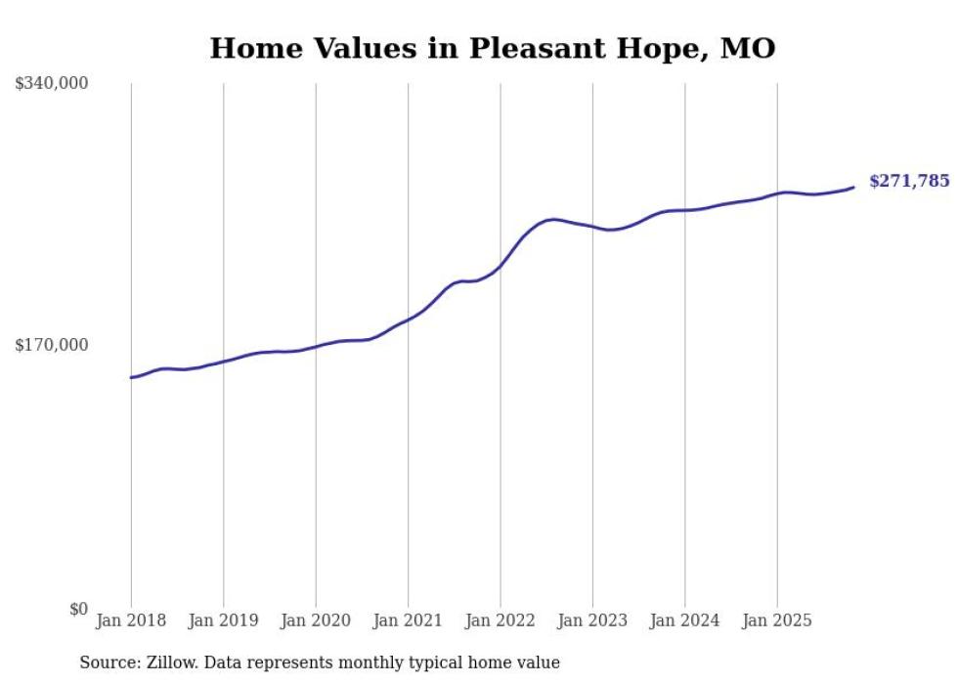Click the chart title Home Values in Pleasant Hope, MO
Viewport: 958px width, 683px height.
pos(493,48)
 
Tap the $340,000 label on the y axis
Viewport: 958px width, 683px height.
pos(52,84)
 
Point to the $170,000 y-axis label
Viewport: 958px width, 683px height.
pos(52,345)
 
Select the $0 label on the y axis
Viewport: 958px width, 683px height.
pos(78,609)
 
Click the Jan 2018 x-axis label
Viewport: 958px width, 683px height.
pos(131,620)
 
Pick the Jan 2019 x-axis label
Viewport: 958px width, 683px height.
pos(223,620)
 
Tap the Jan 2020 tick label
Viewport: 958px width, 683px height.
pos(316,620)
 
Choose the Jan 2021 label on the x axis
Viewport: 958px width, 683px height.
pos(408,620)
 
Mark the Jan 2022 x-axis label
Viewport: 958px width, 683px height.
pos(501,620)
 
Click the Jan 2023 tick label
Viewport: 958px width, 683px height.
pos(592,620)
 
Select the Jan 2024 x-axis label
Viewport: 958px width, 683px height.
pos(685,620)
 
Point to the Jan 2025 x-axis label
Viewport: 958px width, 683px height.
pos(777,620)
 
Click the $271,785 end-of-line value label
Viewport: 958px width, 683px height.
pos(909,181)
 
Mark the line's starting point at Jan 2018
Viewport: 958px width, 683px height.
pos(131,377)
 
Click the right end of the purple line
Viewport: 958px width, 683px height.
pos(853,188)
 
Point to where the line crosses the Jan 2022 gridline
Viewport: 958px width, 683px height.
pos(501,265)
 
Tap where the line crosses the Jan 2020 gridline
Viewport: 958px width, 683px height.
pos(316,346)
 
